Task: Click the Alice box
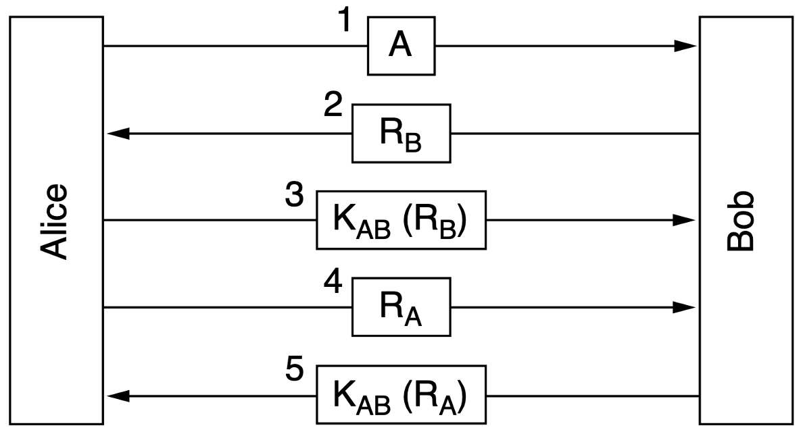click(55, 135)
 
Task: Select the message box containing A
click(401, 45)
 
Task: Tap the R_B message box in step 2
click(401, 133)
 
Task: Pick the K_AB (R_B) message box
click(401, 220)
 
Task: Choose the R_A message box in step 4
click(401, 308)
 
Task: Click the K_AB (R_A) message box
click(401, 395)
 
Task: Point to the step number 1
click(345, 21)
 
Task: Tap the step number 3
click(295, 196)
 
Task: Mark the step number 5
click(295, 371)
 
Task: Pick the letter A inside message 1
click(401, 45)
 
